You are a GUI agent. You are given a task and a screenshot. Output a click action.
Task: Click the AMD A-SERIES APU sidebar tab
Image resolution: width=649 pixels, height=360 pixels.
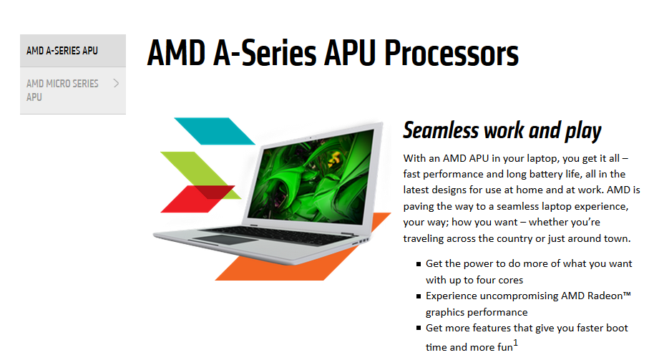[x=73, y=51]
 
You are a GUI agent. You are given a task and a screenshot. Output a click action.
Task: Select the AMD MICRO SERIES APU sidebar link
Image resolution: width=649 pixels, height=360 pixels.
[x=73, y=91]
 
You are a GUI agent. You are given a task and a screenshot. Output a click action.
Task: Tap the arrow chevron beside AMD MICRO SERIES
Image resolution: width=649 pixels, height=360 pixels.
[x=117, y=83]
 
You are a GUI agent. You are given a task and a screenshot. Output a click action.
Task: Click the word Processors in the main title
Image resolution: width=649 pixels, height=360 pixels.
[x=452, y=54]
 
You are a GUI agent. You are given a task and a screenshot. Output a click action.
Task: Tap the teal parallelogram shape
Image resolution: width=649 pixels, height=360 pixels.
[x=215, y=131]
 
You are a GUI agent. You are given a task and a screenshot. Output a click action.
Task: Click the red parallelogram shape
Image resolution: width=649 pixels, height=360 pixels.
[x=197, y=199]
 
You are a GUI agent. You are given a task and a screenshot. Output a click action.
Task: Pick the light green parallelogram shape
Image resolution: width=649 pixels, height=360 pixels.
[x=195, y=170]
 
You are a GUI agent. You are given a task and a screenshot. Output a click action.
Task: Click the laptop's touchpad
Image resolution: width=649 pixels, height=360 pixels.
[x=223, y=240]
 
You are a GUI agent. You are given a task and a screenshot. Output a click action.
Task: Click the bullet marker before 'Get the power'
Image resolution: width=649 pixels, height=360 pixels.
[x=419, y=263]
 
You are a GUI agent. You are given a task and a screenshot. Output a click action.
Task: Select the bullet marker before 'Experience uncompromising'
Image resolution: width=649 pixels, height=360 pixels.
[x=419, y=296]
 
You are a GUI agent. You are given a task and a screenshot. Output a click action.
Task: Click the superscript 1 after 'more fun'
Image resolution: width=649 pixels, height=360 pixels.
[x=515, y=343]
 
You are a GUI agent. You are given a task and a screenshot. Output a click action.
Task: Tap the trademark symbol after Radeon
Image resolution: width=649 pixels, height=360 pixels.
[x=627, y=294]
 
